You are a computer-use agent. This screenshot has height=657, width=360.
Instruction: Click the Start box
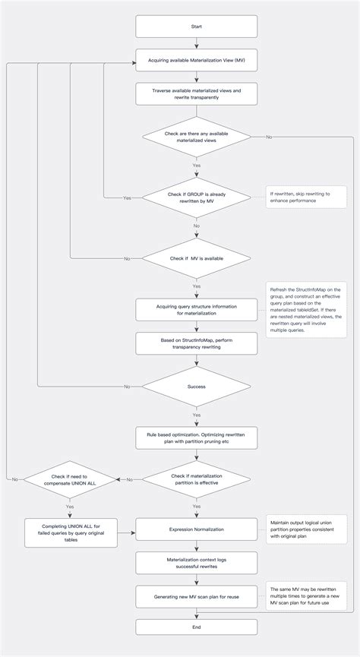tap(197, 27)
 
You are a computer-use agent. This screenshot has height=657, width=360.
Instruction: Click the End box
tap(197, 627)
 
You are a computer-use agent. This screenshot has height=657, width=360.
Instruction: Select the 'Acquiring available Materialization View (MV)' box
tap(197, 61)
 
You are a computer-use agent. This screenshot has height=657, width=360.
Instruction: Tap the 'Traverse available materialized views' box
tap(197, 93)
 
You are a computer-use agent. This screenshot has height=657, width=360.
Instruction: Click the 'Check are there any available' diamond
tap(197, 137)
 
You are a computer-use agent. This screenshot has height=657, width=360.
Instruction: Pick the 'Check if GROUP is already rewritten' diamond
tap(197, 197)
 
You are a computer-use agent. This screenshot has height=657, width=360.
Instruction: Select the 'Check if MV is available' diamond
tap(197, 259)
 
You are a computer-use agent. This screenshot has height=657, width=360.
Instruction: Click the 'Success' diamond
tap(197, 386)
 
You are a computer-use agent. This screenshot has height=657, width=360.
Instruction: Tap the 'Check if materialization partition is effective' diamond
tap(197, 479)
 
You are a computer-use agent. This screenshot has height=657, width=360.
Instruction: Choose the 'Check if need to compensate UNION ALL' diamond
tap(69, 479)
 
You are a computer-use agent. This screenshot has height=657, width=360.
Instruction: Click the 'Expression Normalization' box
tap(197, 529)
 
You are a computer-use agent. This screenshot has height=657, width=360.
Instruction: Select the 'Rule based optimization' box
tap(197, 437)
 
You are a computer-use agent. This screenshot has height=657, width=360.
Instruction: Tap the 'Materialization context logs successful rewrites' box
tap(197, 562)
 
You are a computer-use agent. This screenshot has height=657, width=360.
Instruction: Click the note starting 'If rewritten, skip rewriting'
tap(305, 197)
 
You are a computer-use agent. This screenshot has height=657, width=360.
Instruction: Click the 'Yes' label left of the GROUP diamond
tap(127, 197)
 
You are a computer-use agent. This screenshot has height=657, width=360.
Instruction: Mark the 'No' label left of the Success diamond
tap(127, 386)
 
